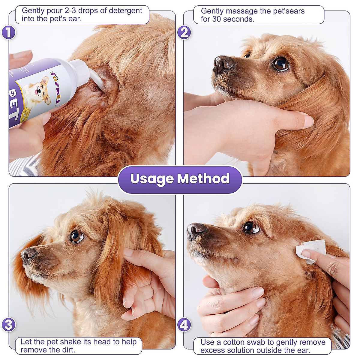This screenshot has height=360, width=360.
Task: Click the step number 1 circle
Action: [8, 32]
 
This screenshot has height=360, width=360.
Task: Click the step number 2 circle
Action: [184, 32]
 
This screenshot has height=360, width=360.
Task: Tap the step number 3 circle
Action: [8, 325]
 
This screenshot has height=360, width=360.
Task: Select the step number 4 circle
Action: [184, 325]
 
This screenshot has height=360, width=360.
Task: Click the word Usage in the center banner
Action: [152, 179]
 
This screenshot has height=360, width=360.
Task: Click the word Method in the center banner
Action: [203, 178]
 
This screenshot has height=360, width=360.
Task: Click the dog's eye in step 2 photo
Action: [281, 63]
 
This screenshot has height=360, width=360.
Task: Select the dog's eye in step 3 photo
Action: [76, 236]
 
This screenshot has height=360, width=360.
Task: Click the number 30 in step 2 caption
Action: [216, 19]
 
